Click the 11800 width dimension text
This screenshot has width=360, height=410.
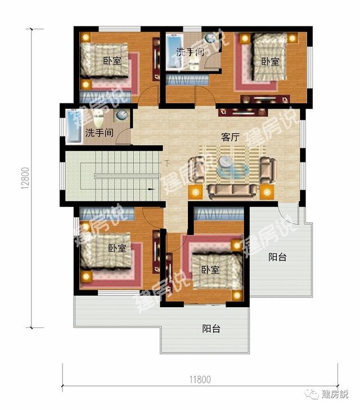pyautogui.click(x=199, y=379)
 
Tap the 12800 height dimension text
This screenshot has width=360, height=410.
pyautogui.click(x=25, y=179)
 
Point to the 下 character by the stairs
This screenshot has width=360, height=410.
pyautogui.click(x=166, y=164)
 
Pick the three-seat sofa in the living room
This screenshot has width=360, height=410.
pyautogui.click(x=232, y=191)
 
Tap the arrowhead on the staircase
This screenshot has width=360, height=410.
pyautogui.click(x=151, y=190)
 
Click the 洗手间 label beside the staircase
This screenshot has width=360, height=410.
pyautogui.click(x=99, y=133)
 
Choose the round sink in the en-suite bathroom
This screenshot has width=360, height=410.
pyautogui.click(x=210, y=39)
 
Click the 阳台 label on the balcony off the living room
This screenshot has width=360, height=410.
pyautogui.click(x=277, y=257)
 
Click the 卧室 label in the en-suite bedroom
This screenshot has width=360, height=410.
pyautogui.click(x=270, y=61)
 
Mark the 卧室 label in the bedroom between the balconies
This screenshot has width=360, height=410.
pyautogui.click(x=210, y=269)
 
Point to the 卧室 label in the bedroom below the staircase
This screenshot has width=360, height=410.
pyautogui.click(x=117, y=248)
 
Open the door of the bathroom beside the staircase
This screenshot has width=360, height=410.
pyautogui.click(x=123, y=138)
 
